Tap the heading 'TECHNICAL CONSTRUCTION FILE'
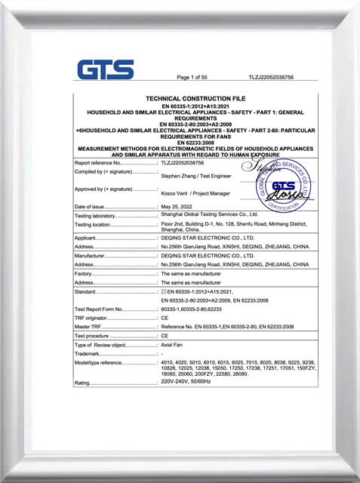(x=195, y=99)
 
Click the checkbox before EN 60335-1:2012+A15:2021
(x=164, y=291)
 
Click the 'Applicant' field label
(x=86, y=238)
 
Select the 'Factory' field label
(x=84, y=274)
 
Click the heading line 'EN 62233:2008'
(x=195, y=141)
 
